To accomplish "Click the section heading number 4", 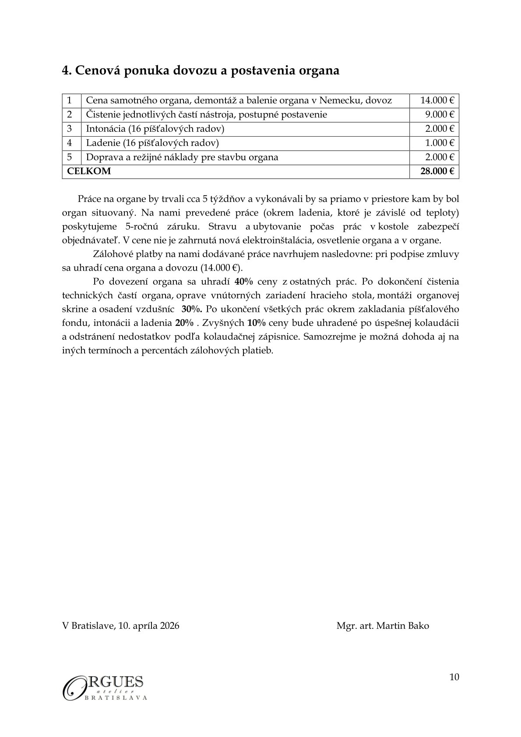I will coord(67,70).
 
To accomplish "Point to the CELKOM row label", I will coord(89,171).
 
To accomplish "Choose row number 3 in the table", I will coord(70,129).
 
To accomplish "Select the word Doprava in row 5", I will coord(103,157).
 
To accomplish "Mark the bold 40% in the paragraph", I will coord(244,281).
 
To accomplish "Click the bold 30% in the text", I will coord(192,309).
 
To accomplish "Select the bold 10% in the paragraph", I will coord(256,323).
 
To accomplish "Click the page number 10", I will coord(454,677).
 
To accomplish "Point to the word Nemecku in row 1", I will coord(338,100).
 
